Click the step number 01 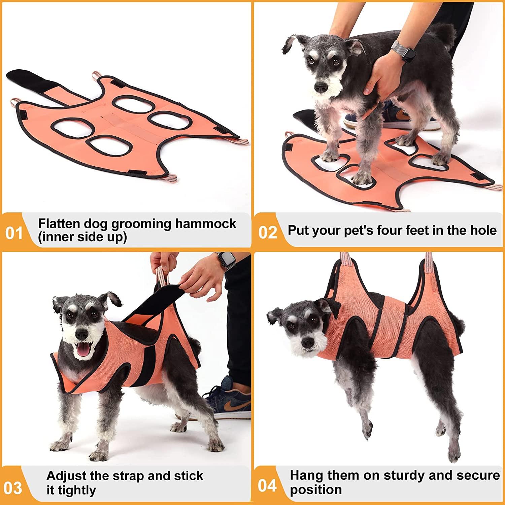click(x=14, y=233)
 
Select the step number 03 click(x=13, y=488)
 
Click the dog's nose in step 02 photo click(x=321, y=87)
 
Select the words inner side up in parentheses click(x=82, y=237)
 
